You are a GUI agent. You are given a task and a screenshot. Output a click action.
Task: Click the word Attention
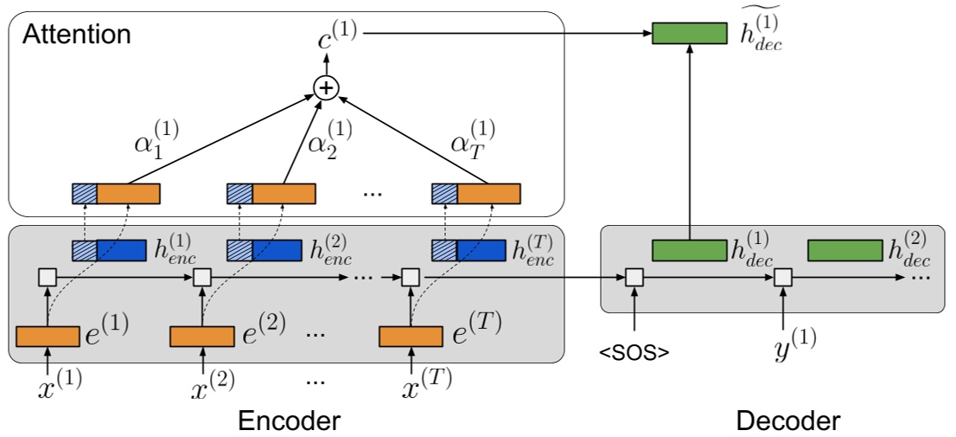click(77, 35)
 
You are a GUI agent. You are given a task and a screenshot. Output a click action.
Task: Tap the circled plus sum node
click(327, 87)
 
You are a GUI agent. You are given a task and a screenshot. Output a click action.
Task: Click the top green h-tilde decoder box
click(689, 34)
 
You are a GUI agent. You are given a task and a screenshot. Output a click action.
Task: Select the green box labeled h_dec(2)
click(844, 250)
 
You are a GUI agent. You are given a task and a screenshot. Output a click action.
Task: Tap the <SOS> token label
click(635, 353)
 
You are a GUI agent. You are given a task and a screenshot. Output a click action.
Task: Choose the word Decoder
click(787, 421)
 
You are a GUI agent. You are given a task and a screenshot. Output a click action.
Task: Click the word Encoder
click(289, 421)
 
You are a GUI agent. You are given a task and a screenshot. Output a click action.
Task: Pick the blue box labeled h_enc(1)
click(109, 251)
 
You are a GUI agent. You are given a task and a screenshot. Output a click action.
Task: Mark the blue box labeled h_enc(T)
click(468, 251)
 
